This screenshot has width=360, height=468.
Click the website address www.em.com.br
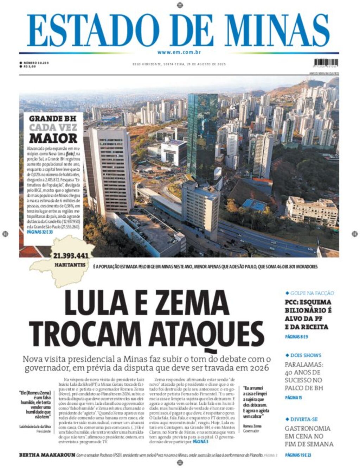pos(179,52)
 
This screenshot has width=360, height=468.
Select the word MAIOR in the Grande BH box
pos(53,138)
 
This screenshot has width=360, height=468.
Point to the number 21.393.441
pos(71,255)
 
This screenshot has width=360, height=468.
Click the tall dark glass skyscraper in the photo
pos(202,134)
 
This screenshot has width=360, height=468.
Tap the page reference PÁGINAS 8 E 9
pos(296,337)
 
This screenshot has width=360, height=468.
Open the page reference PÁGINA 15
pos(294,398)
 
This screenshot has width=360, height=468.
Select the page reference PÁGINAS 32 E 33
pos(39,232)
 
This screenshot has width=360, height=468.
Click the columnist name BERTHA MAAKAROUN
pos(47,455)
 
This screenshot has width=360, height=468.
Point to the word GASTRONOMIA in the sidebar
pos(308,429)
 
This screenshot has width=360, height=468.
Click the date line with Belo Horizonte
pos(179,64)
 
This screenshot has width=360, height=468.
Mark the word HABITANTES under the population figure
pos(70,265)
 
